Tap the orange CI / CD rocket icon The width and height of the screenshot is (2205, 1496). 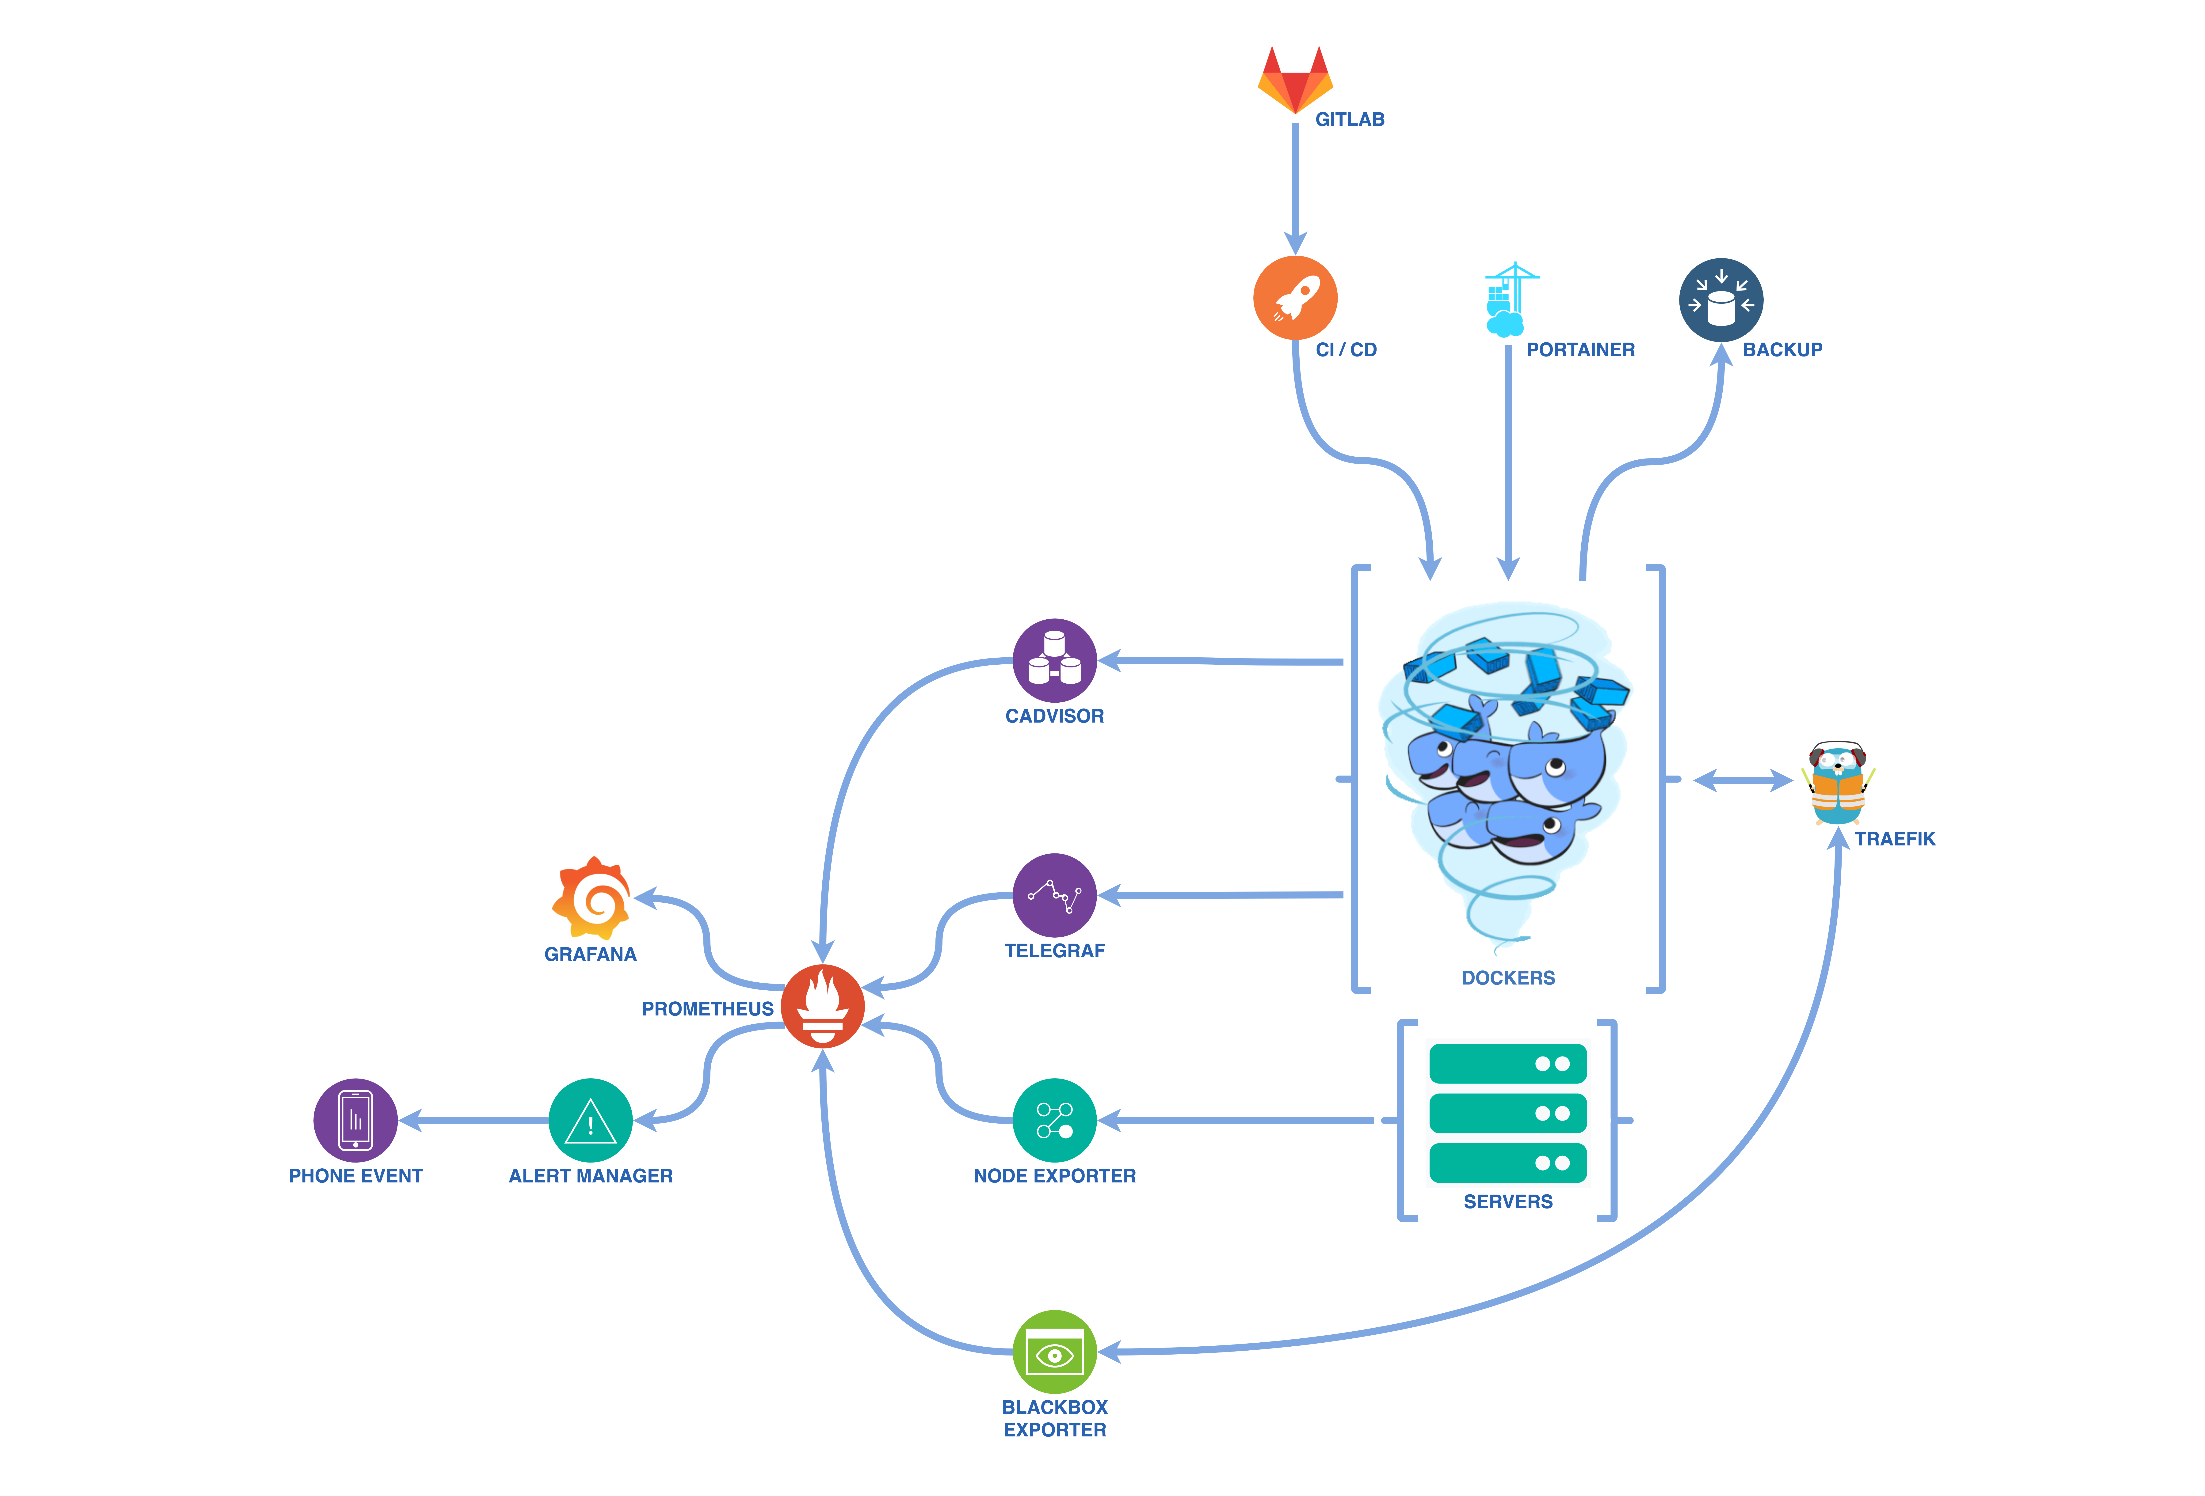point(1295,298)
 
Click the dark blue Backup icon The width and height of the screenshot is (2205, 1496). point(1721,300)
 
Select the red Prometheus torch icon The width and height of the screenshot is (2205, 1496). point(823,1007)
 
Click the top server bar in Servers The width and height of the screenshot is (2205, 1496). point(1508,1063)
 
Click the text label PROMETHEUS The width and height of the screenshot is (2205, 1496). point(708,1008)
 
